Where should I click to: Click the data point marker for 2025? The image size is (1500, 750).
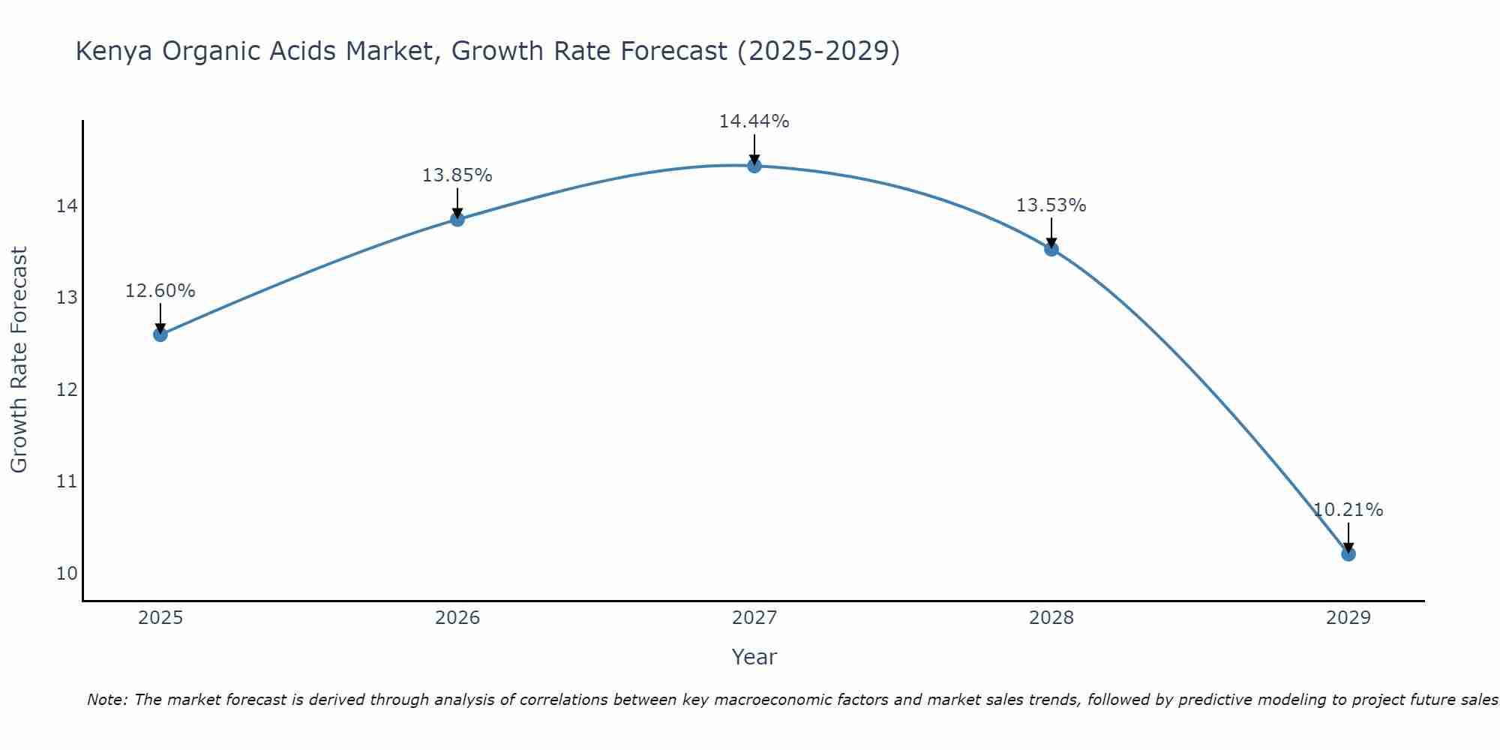(160, 334)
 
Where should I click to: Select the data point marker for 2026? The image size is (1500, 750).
(457, 219)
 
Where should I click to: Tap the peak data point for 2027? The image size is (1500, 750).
(754, 165)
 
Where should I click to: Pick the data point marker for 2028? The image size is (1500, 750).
(1051, 249)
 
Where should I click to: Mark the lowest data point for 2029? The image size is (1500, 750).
(1348, 553)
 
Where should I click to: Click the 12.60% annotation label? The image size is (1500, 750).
(160, 291)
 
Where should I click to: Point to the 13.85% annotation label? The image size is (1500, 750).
(457, 175)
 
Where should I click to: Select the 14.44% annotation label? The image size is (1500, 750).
(754, 121)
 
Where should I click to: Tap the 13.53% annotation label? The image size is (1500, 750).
(1051, 205)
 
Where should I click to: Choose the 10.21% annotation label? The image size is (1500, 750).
(1348, 510)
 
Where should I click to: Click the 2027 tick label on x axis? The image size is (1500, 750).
(754, 618)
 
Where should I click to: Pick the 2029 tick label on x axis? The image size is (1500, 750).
(1348, 618)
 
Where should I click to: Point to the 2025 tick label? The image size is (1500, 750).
(160, 618)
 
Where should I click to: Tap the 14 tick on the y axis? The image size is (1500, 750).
(67, 205)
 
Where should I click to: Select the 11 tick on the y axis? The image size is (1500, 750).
(67, 481)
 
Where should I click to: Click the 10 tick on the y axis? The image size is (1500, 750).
(67, 574)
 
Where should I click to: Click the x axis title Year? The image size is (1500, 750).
(754, 657)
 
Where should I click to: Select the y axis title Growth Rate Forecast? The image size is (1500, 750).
(19, 360)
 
